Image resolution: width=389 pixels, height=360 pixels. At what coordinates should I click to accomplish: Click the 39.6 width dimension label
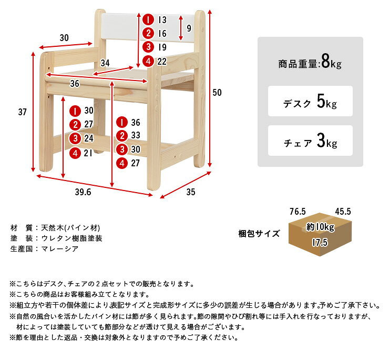click(x=83, y=192)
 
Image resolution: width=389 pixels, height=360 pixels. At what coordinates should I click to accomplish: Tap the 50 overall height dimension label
click(x=217, y=93)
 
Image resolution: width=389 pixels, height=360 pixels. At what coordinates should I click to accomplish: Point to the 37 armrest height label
click(x=22, y=112)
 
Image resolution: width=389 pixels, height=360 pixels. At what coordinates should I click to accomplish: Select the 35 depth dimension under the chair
click(x=191, y=192)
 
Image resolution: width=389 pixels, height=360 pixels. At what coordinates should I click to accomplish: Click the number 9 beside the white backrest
click(x=189, y=28)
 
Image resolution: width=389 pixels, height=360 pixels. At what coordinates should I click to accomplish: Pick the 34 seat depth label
click(x=105, y=63)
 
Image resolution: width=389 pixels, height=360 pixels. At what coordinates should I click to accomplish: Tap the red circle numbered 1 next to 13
click(x=148, y=19)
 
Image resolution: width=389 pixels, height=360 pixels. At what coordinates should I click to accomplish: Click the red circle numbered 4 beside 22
click(x=148, y=61)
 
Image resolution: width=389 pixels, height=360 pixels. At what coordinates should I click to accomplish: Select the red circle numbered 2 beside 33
click(x=122, y=136)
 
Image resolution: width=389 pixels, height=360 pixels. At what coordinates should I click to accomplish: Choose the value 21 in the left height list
click(x=88, y=153)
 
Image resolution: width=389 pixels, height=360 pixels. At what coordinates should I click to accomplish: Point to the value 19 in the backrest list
click(x=162, y=47)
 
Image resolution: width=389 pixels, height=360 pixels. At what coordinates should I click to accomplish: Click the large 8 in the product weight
click(x=325, y=62)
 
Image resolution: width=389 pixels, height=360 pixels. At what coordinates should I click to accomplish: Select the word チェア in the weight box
click(x=298, y=143)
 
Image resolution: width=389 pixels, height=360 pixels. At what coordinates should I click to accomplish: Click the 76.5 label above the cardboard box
click(x=298, y=212)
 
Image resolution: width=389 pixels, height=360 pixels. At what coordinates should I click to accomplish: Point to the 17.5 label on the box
click(x=320, y=242)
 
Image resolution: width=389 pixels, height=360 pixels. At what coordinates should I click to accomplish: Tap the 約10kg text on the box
click(x=320, y=227)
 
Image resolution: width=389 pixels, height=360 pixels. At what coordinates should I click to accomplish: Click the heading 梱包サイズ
click(x=259, y=234)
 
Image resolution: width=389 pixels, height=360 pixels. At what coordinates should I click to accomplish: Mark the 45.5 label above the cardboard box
click(x=343, y=212)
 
